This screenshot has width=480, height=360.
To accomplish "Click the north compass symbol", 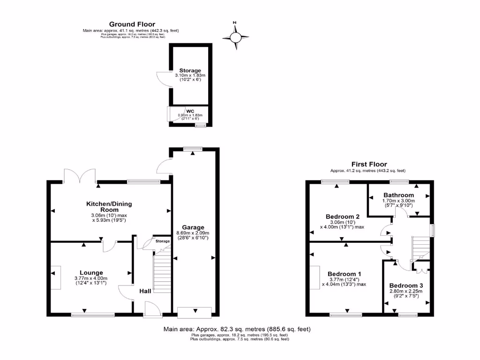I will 236,37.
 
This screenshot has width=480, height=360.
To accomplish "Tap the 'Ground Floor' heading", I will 132,24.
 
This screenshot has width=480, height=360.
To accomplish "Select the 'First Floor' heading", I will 369,164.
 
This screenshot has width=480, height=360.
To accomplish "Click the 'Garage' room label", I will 193,227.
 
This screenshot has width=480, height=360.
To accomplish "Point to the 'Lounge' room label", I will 91,272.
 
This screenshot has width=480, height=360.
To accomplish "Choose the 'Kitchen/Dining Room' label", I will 109,207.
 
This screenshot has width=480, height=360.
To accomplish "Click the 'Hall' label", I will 145,291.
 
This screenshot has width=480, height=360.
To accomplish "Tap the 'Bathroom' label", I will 398,195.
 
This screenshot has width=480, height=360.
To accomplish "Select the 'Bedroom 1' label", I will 344,274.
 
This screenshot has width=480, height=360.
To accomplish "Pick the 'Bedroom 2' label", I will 342,216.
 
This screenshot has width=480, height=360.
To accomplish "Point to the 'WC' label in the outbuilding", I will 190,111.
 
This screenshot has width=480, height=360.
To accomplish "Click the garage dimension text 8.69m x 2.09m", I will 193,233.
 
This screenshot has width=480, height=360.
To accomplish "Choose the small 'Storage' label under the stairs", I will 163,241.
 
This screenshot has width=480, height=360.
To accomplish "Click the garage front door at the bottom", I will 194,310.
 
